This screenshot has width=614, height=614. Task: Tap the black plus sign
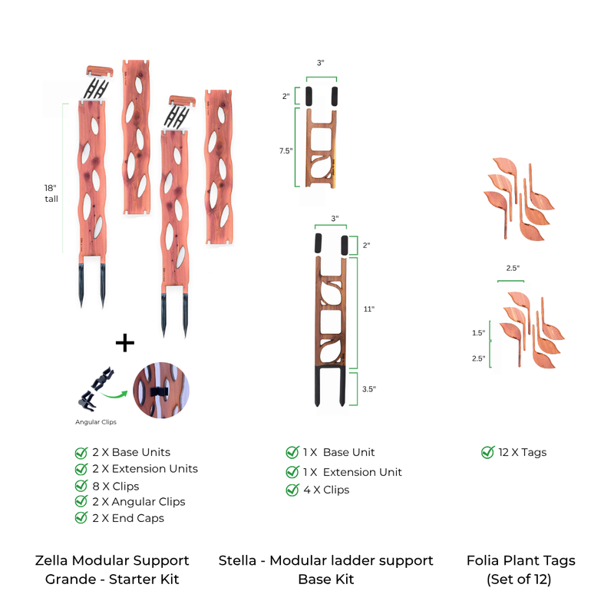click(124, 342)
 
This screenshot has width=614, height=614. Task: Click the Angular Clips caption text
click(96, 421)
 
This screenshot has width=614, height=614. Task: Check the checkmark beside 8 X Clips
click(81, 486)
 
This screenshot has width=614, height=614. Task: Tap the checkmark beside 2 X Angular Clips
click(81, 502)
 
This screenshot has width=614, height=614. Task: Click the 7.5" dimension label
click(286, 151)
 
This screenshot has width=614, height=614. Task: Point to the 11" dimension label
click(368, 309)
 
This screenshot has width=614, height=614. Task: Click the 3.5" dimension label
click(368, 389)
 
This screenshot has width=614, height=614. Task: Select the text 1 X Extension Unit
click(353, 472)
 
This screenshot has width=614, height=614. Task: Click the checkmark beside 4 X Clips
click(292, 490)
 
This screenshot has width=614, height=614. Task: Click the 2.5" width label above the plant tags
click(512, 269)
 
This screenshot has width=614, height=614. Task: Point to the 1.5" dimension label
click(478, 333)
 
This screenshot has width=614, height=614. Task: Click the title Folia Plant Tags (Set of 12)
click(520, 569)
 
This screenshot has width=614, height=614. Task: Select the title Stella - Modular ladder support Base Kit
click(326, 569)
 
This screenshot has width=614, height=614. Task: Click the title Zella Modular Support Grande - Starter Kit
click(112, 569)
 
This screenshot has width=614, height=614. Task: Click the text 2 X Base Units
click(130, 452)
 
